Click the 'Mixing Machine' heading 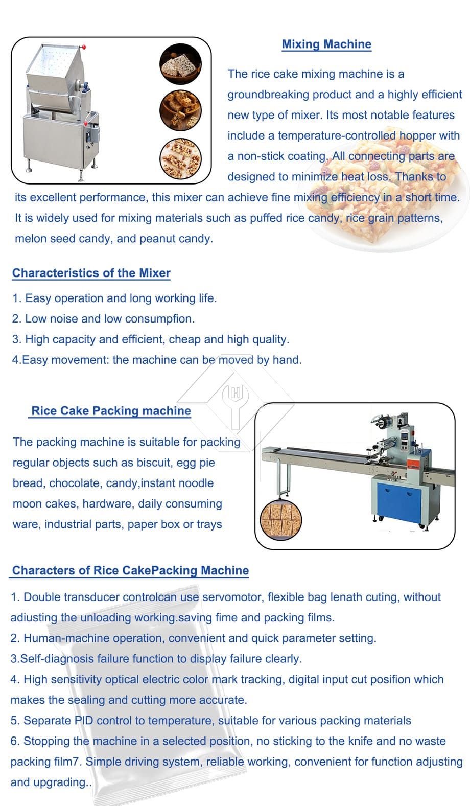[326, 44]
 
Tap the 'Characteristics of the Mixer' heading [91, 273]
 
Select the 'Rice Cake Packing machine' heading [111, 411]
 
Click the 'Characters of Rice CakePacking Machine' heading [131, 570]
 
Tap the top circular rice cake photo [180, 64]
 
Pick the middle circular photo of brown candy [180, 110]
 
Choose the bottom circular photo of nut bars [180, 158]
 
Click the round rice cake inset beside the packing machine [281, 520]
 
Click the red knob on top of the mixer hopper [84, 47]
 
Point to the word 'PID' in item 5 [84, 720]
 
